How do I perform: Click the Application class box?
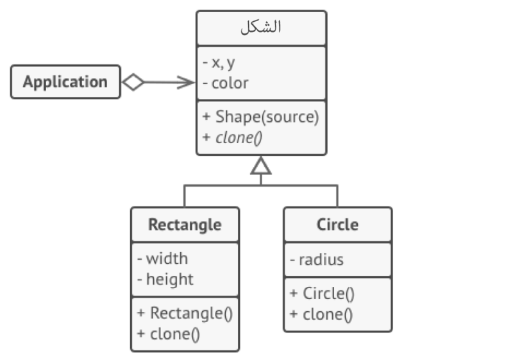pyautogui.click(x=65, y=82)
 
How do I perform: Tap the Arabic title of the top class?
pyautogui.click(x=261, y=28)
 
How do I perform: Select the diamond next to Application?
pyautogui.click(x=133, y=82)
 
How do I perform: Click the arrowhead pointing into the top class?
pyautogui.click(x=187, y=82)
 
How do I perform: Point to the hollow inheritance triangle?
pyautogui.click(x=261, y=167)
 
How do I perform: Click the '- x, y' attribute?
pyautogui.click(x=219, y=64)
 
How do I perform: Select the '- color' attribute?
pyautogui.click(x=225, y=83)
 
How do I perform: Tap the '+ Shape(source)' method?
pyautogui.click(x=260, y=117)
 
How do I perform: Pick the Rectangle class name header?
pyautogui.click(x=185, y=225)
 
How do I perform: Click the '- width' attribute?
pyautogui.click(x=163, y=259)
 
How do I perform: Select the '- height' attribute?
pyautogui.click(x=165, y=280)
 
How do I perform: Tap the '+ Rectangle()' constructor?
pyautogui.click(x=185, y=313)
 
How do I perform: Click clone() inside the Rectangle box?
pyautogui.click(x=169, y=334)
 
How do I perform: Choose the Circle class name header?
pyautogui.click(x=337, y=225)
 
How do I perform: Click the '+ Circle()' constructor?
pyautogui.click(x=322, y=294)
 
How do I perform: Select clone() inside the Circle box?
pyautogui.click(x=321, y=314)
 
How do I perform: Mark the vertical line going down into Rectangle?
pyautogui.click(x=185, y=195)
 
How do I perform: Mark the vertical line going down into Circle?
pyautogui.click(x=337, y=195)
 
